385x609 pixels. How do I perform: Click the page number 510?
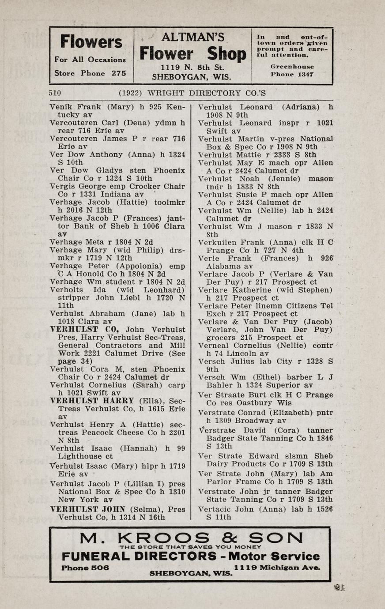[55, 93]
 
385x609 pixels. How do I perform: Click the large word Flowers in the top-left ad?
[91, 42]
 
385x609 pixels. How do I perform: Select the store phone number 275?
[119, 73]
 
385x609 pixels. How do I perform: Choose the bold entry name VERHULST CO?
[87, 329]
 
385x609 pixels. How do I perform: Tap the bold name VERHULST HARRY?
[92, 401]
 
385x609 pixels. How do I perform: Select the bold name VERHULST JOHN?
[88, 509]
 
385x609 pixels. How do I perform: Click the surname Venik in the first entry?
[61, 107]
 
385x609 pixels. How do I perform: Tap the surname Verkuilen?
[219, 242]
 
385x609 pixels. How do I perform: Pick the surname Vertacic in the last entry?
[219, 509]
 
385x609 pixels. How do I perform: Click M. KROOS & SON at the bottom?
[191, 538]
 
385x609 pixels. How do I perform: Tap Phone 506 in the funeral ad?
[85, 568]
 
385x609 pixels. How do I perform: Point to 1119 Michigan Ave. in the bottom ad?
[277, 568]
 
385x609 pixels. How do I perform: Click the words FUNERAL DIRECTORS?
[139, 556]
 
